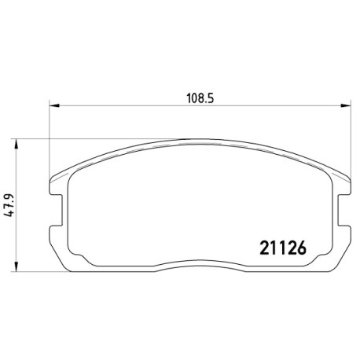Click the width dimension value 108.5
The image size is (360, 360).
[x=200, y=98]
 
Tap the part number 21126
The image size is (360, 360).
[x=283, y=248]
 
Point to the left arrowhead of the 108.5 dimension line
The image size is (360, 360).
[x=54, y=105]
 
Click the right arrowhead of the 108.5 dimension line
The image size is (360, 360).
[x=345, y=105]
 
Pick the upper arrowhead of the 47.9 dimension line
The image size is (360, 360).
[x=17, y=144]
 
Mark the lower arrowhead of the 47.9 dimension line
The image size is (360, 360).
[x=17, y=266]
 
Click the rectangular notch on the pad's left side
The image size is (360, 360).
[x=57, y=210]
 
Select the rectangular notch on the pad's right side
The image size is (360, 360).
[x=343, y=210]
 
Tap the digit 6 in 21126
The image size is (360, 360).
[x=302, y=248]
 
